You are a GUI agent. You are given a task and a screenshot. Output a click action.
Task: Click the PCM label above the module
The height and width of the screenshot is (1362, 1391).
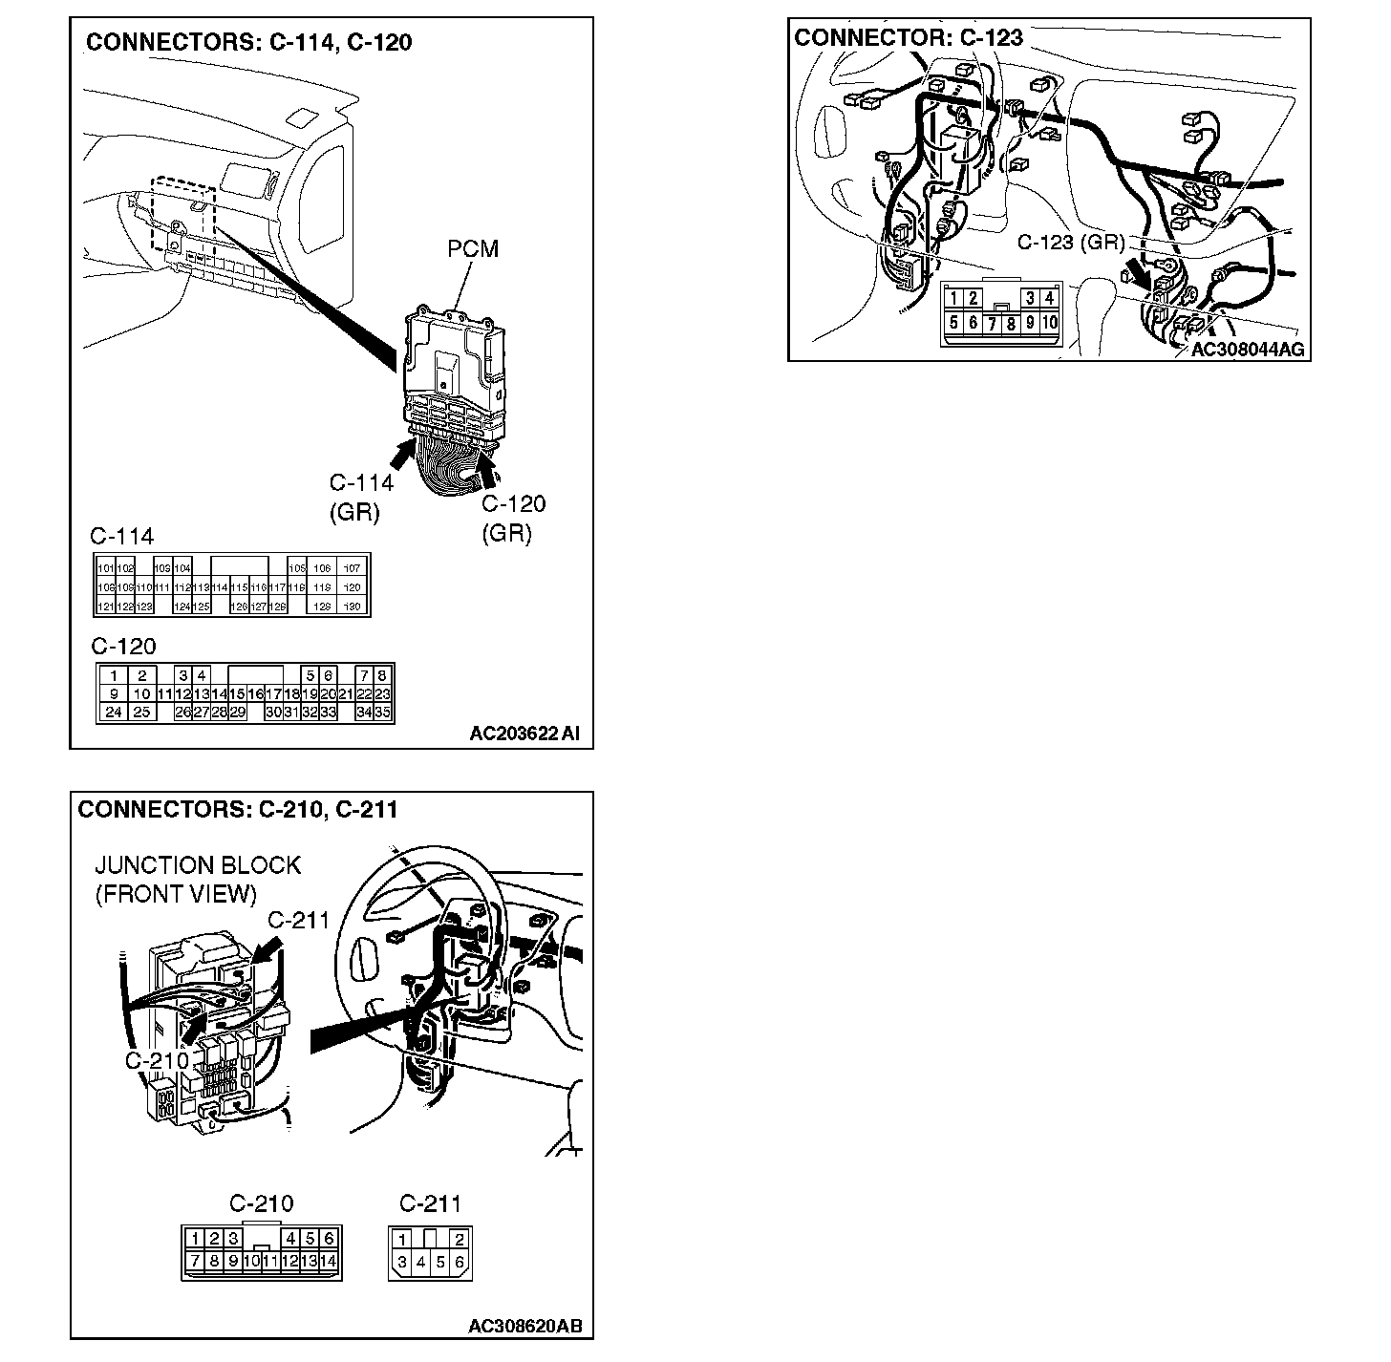click(x=473, y=249)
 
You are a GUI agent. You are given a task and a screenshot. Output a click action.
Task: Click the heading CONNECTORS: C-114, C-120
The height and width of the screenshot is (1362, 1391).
click(x=248, y=42)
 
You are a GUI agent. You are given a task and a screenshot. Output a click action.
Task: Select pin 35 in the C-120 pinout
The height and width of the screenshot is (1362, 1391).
click(x=383, y=713)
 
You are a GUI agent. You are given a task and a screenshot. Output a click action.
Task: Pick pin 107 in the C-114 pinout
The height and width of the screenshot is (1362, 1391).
click(x=351, y=568)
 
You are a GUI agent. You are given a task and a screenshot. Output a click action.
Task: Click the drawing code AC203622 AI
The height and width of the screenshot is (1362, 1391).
click(x=524, y=734)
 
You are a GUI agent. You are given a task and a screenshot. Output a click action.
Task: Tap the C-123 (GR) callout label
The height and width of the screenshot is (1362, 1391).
click(x=1070, y=243)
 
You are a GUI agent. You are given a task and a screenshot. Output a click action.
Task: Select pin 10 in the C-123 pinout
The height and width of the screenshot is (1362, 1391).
click(x=1050, y=323)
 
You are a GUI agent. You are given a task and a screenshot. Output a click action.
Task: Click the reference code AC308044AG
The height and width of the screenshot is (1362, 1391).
click(x=1247, y=350)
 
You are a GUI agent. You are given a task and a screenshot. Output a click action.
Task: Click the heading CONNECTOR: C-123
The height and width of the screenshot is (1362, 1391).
click(x=909, y=37)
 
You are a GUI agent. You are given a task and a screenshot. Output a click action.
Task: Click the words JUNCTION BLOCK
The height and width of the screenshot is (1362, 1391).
click(x=198, y=865)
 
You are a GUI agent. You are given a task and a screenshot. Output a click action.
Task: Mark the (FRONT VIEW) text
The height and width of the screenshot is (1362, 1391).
click(x=176, y=894)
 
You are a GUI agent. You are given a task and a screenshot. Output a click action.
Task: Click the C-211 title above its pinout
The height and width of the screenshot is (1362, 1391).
click(x=430, y=1203)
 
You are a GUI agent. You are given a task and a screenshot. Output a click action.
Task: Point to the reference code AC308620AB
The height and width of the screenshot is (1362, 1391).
click(x=525, y=1327)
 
